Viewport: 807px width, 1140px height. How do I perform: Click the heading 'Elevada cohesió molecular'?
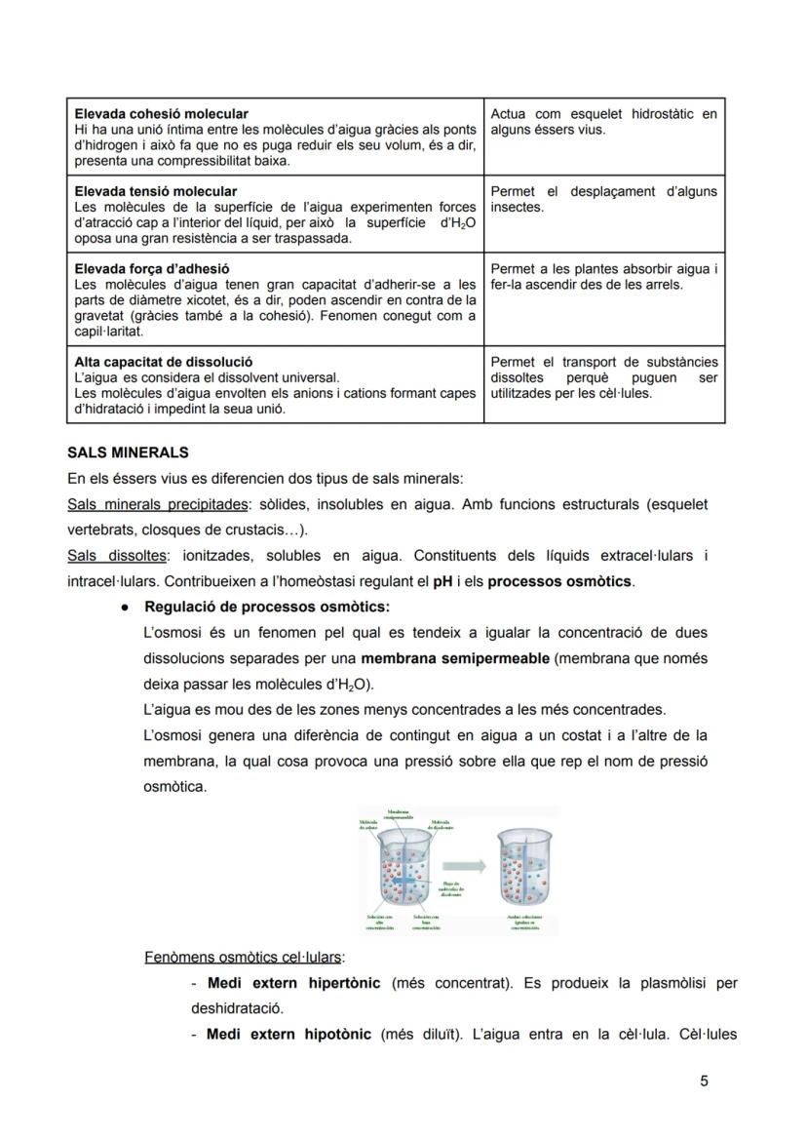pyautogui.click(x=161, y=114)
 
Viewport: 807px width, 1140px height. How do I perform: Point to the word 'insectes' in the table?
pyautogui.click(x=517, y=207)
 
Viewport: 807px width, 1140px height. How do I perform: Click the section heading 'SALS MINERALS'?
pyautogui.click(x=128, y=453)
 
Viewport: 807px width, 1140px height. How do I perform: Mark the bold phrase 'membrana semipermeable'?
pyautogui.click(x=454, y=658)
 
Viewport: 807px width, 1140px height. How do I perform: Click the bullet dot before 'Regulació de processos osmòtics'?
pyautogui.click(x=127, y=608)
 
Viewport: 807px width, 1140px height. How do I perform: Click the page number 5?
pyautogui.click(x=704, y=1081)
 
